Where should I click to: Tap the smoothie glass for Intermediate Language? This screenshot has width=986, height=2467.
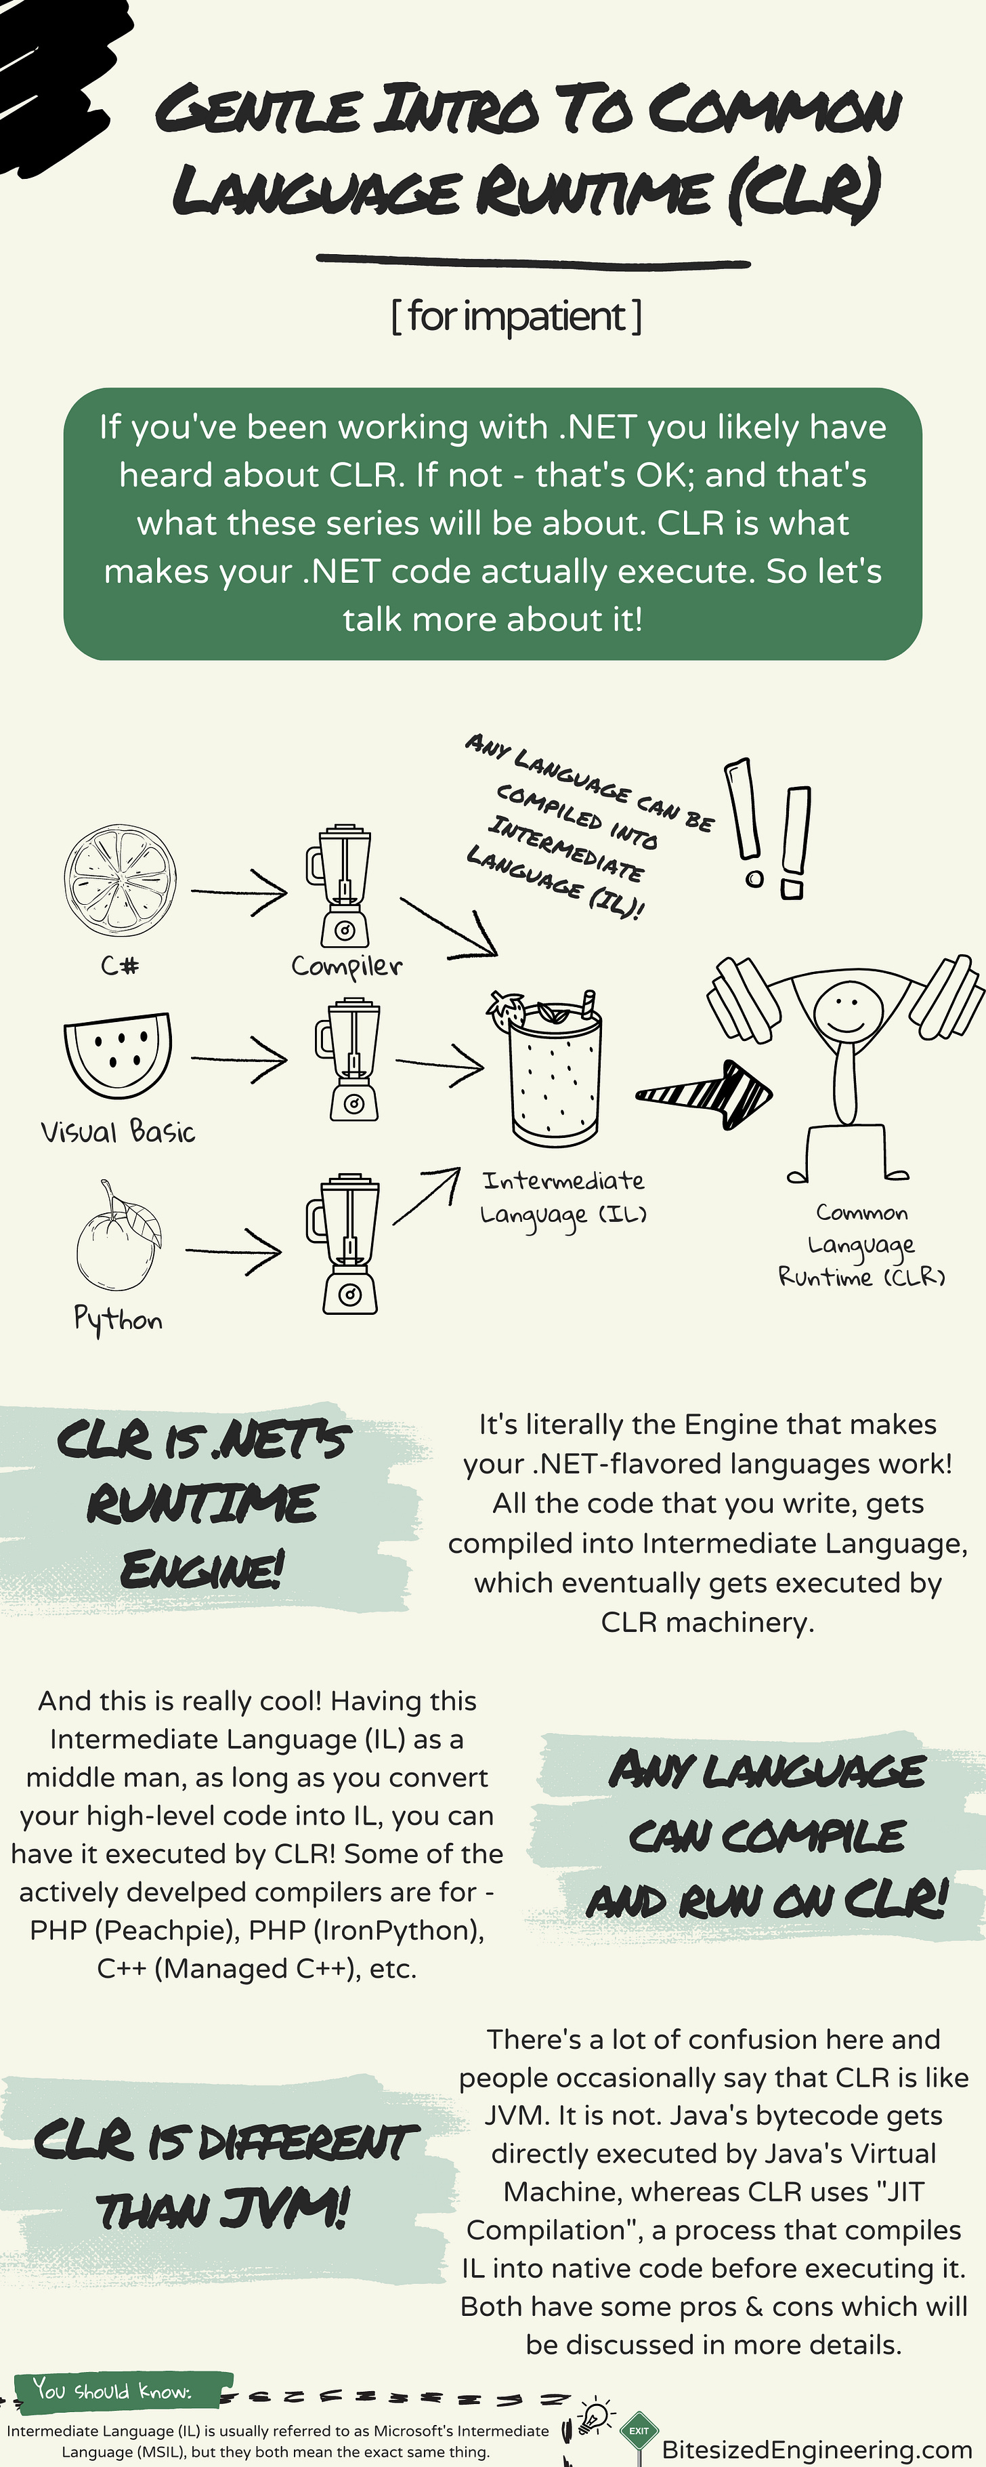(x=555, y=1078)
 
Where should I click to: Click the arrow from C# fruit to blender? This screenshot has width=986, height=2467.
(x=239, y=893)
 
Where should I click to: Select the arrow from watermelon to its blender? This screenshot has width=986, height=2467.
(x=239, y=1059)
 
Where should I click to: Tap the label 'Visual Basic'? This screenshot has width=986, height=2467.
(x=118, y=1132)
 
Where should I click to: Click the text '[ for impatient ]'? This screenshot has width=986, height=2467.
(x=517, y=316)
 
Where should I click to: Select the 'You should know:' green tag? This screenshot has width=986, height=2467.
(x=113, y=2390)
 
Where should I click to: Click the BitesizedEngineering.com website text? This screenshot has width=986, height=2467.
(x=817, y=2449)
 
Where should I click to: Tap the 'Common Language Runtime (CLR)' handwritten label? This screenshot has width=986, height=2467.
(x=861, y=1245)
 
